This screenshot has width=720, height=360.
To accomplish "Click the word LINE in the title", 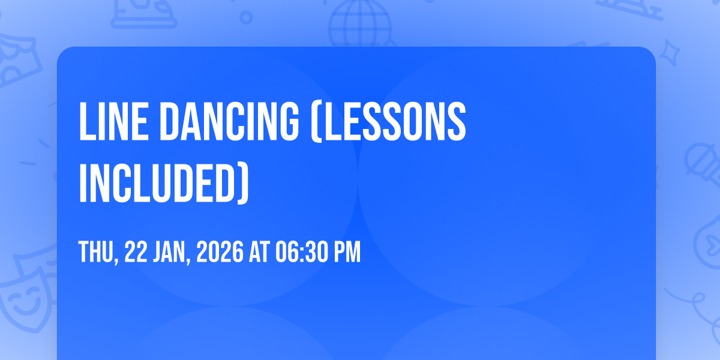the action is [114, 121].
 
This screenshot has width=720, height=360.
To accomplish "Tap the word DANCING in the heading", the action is [229, 121].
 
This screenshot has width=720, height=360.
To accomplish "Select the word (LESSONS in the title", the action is [388, 121].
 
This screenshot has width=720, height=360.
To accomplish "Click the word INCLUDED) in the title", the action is [164, 183].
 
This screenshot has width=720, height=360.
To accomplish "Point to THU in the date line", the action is [97, 253].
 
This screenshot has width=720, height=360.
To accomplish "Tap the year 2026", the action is [220, 252].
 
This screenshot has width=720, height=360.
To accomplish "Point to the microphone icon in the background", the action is [703, 164].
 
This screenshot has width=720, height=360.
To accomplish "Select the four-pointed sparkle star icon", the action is [670, 53].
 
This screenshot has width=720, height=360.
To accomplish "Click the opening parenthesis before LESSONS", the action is [316, 122].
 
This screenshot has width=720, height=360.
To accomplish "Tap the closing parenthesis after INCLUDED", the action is [244, 184].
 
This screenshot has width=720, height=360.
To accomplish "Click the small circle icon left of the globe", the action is [246, 17].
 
